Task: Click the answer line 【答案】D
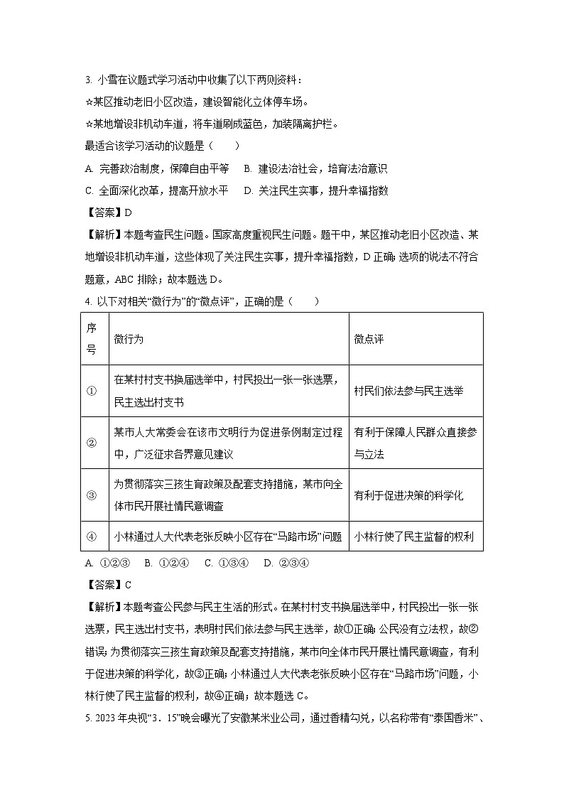point(108,212)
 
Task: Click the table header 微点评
point(369,339)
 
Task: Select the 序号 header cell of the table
point(92,339)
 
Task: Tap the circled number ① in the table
point(92,391)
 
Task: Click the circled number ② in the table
point(92,443)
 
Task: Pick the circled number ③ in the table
point(92,495)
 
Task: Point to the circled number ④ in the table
point(92,537)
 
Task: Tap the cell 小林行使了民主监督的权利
point(413,537)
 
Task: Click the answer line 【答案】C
point(108,585)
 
